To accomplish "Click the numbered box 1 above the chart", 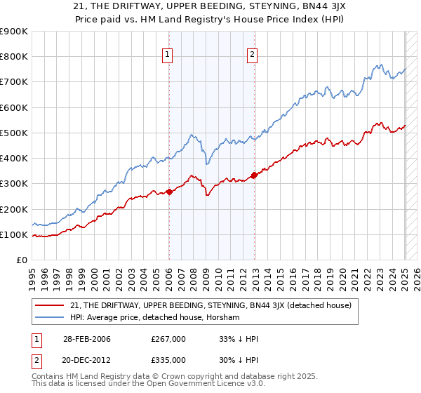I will [169, 56].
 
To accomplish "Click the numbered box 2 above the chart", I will [252, 56].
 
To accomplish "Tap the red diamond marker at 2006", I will [169, 192].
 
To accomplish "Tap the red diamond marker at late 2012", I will [254, 175].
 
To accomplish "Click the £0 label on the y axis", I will [21, 260].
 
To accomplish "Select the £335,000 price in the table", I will [168, 359].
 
